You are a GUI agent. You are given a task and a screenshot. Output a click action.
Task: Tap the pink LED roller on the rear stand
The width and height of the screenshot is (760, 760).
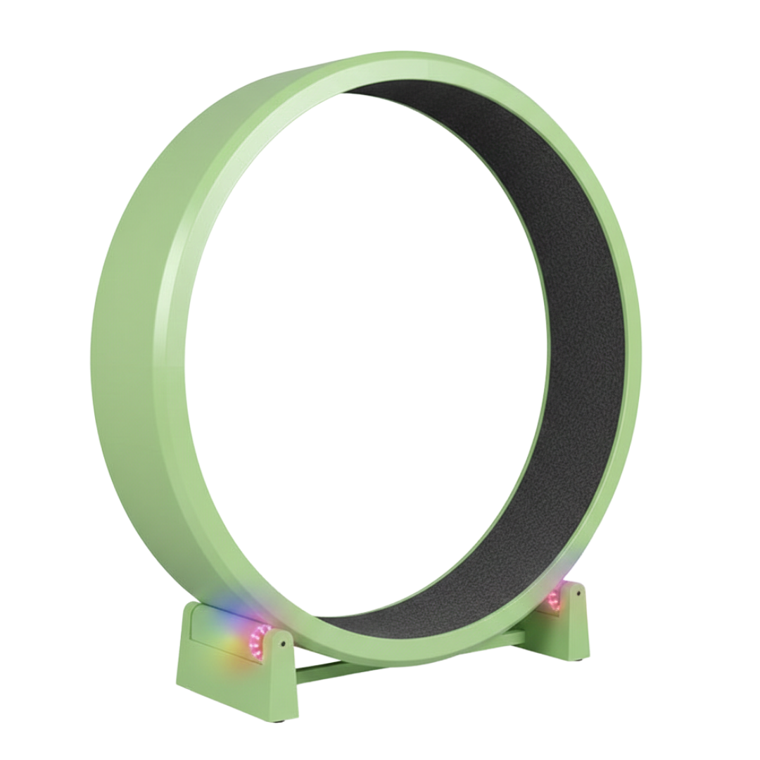[x=555, y=600]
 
